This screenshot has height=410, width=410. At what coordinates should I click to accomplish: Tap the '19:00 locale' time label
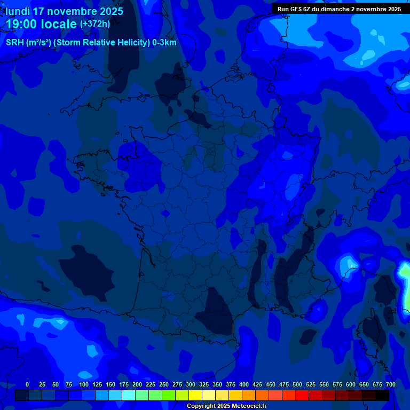click(42, 24)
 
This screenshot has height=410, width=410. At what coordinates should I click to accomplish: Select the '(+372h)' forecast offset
click(95, 24)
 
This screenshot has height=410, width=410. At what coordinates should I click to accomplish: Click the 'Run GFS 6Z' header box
click(339, 9)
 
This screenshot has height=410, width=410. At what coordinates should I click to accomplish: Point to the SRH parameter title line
click(91, 43)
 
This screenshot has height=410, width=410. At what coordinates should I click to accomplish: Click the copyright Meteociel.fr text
click(226, 406)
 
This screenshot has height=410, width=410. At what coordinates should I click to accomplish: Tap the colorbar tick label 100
click(84, 384)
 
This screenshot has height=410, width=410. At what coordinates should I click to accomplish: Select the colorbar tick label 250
click(164, 384)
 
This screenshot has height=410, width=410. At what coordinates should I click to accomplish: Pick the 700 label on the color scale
click(391, 384)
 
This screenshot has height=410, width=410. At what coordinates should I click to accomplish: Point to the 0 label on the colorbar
click(27, 384)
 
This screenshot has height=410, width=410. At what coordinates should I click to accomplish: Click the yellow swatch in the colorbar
click(195, 396)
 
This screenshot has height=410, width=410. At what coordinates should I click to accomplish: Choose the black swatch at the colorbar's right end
click(382, 396)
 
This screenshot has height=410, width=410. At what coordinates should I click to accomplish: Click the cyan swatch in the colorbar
click(129, 396)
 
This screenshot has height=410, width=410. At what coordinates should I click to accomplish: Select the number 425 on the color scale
click(257, 384)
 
